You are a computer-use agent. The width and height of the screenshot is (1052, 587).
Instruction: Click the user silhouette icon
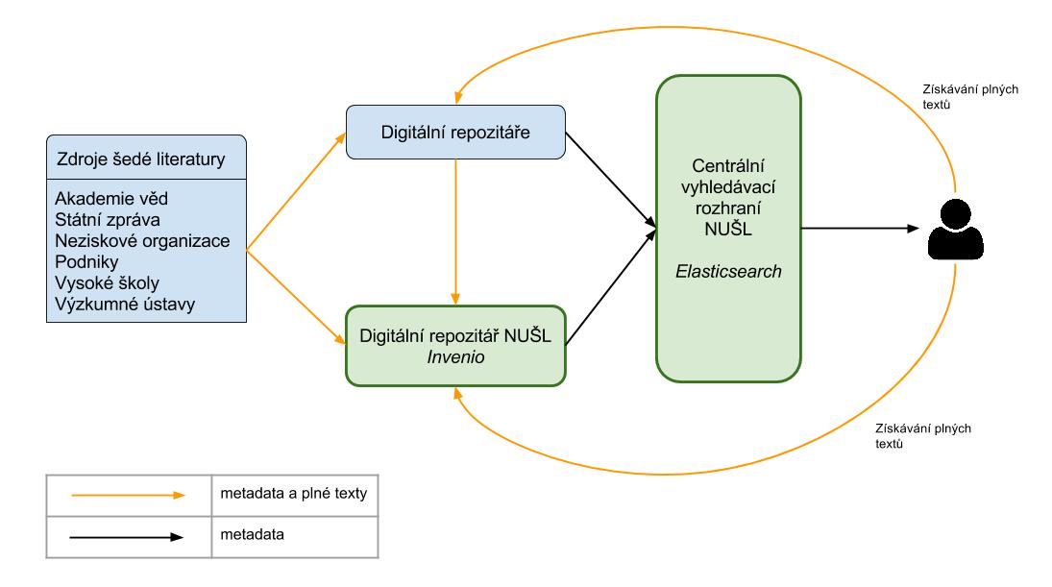(x=955, y=230)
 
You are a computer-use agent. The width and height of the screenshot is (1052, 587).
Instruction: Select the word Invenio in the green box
(x=455, y=356)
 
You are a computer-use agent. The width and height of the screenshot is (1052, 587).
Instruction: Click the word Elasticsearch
(x=728, y=272)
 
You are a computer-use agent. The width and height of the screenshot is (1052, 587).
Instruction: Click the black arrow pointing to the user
(x=855, y=229)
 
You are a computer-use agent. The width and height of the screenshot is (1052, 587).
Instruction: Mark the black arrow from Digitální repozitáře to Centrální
(x=610, y=183)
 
